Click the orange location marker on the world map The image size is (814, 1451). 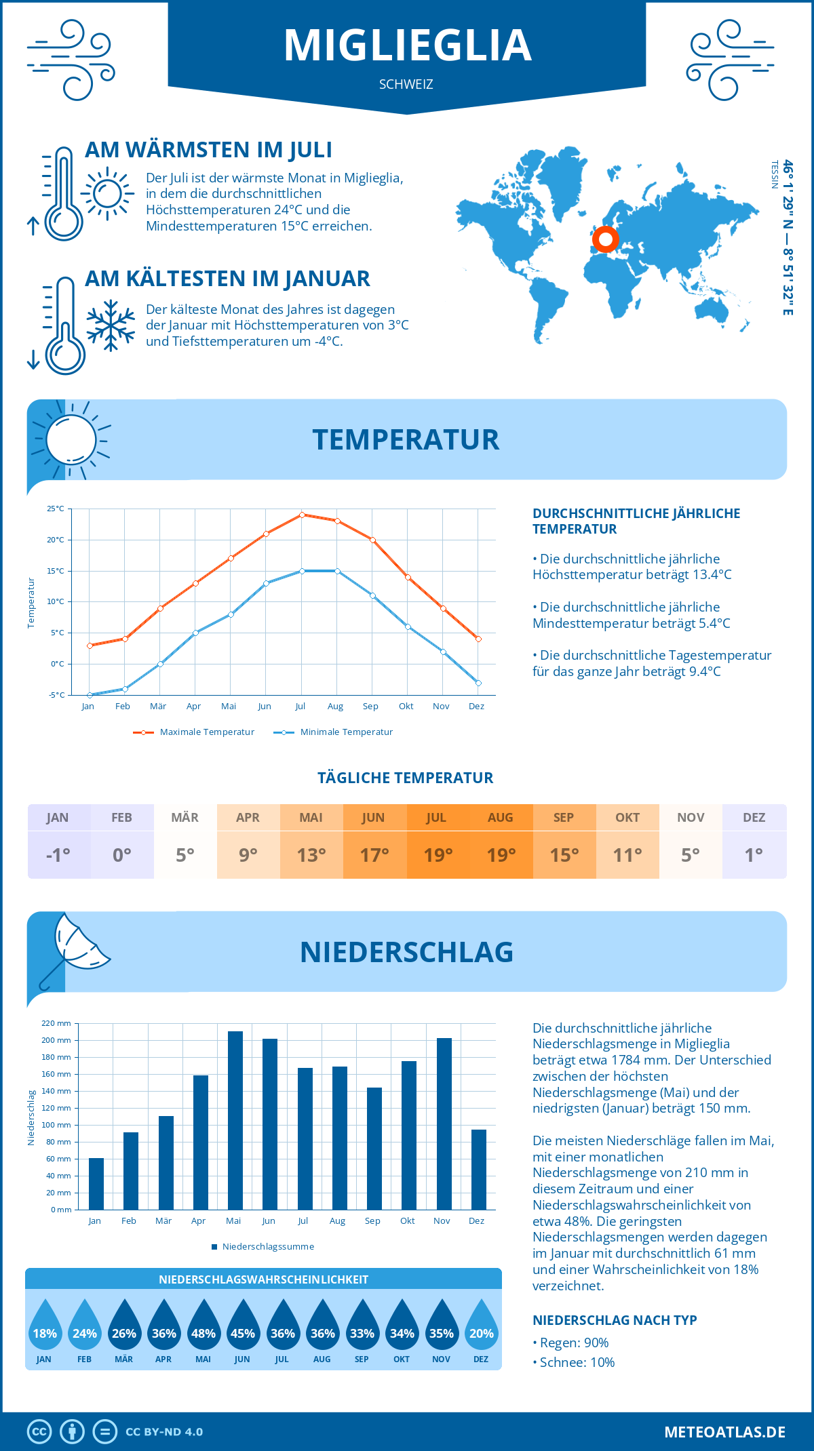coord(605,239)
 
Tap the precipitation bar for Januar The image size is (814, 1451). coord(96,1183)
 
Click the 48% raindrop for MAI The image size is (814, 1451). coord(203,1326)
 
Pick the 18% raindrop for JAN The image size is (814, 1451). coord(45,1326)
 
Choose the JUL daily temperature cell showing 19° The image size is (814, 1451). coord(438,854)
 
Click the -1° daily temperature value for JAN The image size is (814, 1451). coord(58,854)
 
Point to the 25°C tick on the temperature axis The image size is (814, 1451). coord(56,509)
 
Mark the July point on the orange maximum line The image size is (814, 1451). coord(302,515)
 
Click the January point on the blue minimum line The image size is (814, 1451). coord(90,695)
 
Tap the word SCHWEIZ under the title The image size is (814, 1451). coord(406,85)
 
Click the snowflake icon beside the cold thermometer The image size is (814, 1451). coord(111,325)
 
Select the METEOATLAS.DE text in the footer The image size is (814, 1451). coord(724,1432)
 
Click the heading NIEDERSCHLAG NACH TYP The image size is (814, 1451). coord(615,1320)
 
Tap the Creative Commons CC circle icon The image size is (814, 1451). coord(39,1432)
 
